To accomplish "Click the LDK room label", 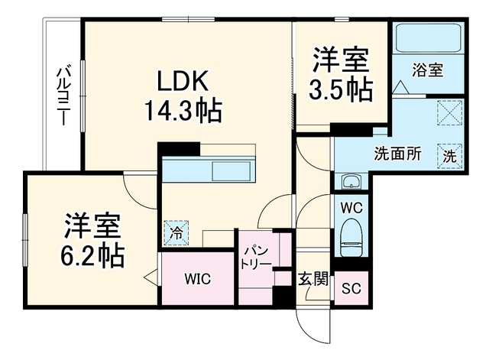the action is (x=183, y=81).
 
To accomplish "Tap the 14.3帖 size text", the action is (x=183, y=110).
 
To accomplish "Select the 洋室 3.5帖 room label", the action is (x=341, y=74).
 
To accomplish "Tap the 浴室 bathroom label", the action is (x=428, y=70).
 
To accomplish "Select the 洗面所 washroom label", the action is (x=397, y=153).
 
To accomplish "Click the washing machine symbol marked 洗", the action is (x=450, y=156).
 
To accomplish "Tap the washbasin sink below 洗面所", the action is (x=351, y=181).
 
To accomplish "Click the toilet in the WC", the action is (x=351, y=238).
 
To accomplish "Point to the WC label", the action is (x=351, y=208).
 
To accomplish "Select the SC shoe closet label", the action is (x=351, y=288).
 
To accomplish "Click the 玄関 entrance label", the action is (x=313, y=279).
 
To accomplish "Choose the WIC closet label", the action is (x=198, y=278).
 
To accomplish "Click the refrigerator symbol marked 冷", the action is (x=176, y=232).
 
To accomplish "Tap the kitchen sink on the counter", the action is (x=231, y=171).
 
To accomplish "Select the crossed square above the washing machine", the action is (x=450, y=112).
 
